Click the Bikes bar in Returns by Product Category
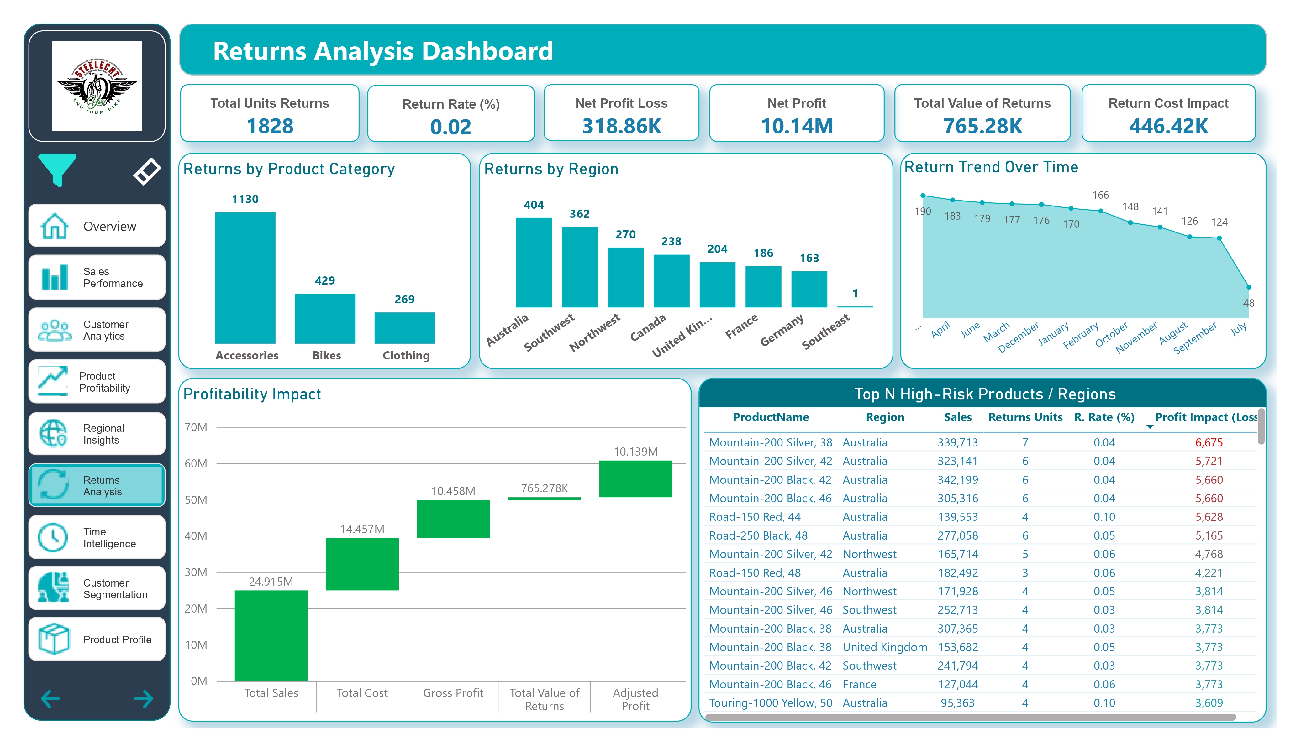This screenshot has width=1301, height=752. [325, 318]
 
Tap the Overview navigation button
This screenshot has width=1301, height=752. [97, 226]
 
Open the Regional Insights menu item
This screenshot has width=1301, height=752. [97, 434]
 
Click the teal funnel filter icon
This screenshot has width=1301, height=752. [57, 169]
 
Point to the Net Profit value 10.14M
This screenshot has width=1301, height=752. [797, 126]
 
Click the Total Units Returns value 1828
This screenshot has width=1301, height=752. [270, 126]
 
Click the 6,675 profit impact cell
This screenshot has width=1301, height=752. [1209, 442]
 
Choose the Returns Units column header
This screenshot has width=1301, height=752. [1025, 417]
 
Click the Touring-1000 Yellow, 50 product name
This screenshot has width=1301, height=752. [770, 703]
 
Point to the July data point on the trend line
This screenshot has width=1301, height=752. [1249, 287]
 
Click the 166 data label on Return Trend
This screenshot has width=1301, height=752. [1100, 195]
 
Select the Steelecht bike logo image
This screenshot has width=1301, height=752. [97, 86]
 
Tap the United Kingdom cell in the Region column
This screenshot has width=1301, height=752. [884, 647]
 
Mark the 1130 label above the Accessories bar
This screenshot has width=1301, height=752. [245, 199]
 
